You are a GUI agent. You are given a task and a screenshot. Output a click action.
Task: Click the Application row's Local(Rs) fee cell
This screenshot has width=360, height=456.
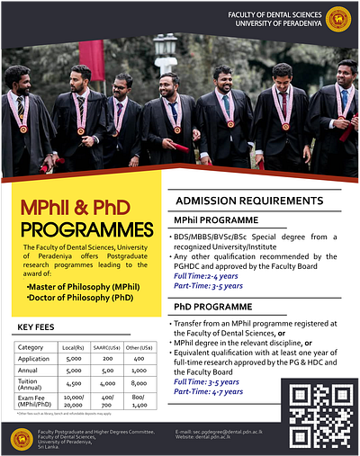(74, 358)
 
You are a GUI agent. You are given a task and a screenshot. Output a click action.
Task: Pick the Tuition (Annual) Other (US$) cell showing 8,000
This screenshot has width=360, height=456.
(139, 380)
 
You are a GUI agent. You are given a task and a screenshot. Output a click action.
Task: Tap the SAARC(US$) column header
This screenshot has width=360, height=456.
(107, 346)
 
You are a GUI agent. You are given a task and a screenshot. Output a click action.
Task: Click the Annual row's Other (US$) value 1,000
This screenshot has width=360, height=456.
(139, 370)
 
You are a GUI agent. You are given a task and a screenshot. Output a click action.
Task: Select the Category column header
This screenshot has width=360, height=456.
(31, 346)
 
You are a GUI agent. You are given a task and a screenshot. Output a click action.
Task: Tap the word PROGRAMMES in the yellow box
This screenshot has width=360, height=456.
(87, 228)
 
